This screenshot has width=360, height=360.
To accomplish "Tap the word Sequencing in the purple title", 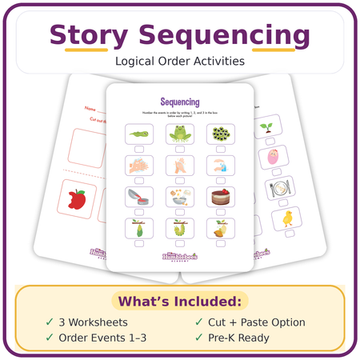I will [224, 36].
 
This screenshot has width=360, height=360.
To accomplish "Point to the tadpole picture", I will [137, 134].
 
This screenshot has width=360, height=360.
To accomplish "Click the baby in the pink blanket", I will [273, 154].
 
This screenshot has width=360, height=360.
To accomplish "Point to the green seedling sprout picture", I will [266, 126].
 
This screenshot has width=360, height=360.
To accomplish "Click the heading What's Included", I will [180, 302].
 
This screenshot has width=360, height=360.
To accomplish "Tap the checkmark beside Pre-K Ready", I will [198, 338].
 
